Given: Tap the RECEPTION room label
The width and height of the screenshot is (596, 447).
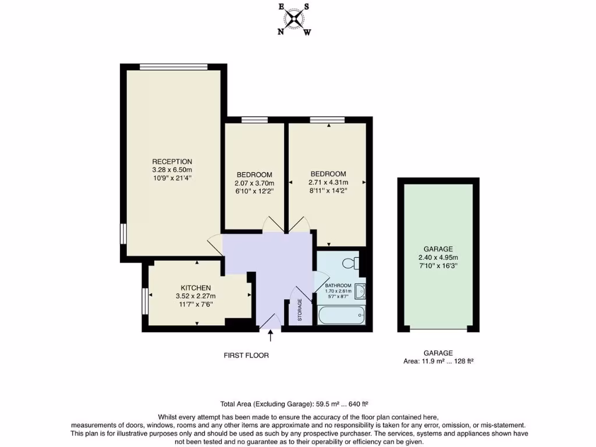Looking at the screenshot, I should (172, 161).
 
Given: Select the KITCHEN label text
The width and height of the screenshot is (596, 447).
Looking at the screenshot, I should (196, 288).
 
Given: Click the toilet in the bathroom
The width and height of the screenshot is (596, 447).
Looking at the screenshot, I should (351, 263).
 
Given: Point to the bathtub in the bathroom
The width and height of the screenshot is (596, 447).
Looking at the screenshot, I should (342, 315).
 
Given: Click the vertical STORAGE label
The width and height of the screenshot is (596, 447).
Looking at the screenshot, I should (300, 310).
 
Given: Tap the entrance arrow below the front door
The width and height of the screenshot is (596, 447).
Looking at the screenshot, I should (270, 336).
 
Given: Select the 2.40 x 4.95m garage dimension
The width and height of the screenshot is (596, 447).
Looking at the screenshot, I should (438, 257).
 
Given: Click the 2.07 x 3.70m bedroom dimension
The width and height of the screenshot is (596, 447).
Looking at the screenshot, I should (254, 183).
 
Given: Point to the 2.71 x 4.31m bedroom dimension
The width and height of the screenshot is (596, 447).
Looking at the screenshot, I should (328, 182).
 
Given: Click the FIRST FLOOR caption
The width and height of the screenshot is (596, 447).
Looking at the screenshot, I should (246, 355).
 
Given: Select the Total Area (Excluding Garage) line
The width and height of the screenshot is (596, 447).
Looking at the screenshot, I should (294, 403).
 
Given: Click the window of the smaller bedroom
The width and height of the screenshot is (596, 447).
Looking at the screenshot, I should (254, 119).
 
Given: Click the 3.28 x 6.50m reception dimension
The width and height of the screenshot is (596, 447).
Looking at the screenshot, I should (172, 170).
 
